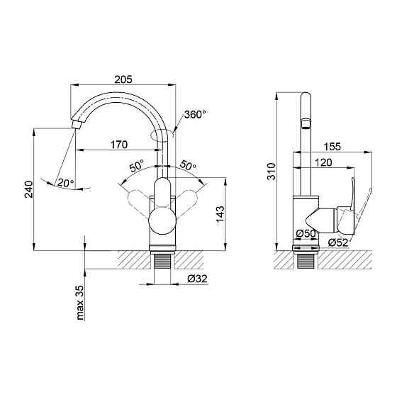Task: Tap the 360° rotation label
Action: tap(194, 114)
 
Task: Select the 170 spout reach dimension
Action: tap(118, 145)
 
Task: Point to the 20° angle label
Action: tap(65, 183)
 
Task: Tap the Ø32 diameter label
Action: tap(197, 278)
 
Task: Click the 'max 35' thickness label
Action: tap(79, 301)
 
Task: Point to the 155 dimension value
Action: tap(331, 147)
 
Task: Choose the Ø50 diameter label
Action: tap(306, 233)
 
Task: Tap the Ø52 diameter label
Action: tap(337, 243)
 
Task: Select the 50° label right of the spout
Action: tap(189, 166)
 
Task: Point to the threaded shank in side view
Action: tap(306, 263)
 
